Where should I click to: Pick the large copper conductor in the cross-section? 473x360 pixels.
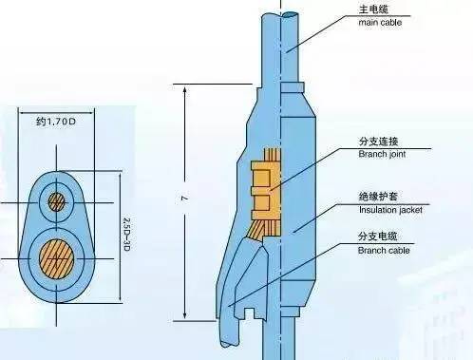[x=59, y=257]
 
